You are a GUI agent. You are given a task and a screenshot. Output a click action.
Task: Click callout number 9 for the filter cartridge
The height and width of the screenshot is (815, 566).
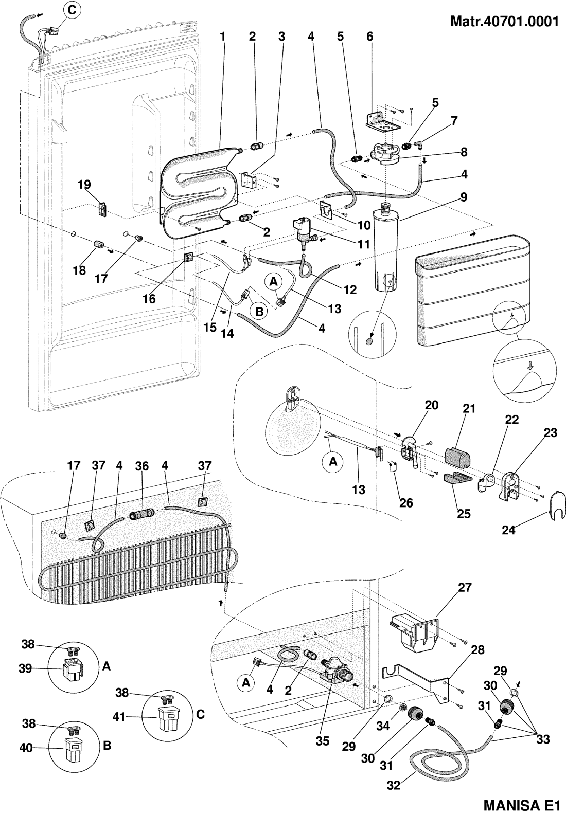pos(464,196)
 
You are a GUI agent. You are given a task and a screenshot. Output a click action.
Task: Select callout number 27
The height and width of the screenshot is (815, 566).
pos(464,588)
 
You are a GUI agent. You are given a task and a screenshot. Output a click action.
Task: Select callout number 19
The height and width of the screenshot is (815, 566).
pos(84,185)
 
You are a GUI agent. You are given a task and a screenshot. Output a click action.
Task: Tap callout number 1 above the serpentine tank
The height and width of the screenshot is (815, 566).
pos(223,37)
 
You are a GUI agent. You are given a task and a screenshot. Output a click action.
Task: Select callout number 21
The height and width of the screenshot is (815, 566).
pos(469,409)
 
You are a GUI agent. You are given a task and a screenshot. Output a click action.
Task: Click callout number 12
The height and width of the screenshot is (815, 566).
pos(350,290)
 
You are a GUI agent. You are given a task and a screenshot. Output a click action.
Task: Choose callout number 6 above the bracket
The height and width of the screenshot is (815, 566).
pos(369,37)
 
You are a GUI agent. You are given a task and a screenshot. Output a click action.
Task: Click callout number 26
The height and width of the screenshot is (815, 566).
pos(406,502)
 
